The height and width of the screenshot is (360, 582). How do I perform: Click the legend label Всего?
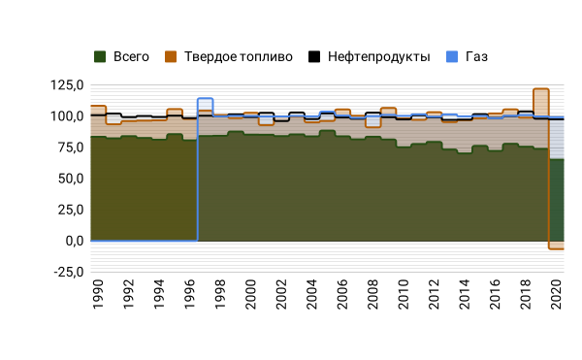[131, 57]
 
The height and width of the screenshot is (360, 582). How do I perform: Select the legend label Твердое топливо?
[239, 57]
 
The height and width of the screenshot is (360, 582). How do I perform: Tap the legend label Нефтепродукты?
[379, 57]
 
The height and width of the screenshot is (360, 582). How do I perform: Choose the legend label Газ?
[476, 57]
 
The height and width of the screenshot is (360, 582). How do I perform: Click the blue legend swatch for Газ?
[452, 57]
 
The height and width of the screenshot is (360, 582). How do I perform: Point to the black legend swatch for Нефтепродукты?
[314, 57]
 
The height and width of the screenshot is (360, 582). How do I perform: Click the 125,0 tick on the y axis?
[67, 85]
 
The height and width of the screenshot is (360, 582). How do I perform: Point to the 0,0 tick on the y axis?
[75, 242]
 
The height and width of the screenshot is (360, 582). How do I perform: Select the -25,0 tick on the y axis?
[69, 273]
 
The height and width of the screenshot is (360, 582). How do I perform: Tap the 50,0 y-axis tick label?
[71, 179]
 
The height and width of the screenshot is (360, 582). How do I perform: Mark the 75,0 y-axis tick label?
[71, 147]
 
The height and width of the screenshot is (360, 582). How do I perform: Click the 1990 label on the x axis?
[98, 294]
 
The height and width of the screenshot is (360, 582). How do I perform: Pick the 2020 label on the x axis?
[557, 294]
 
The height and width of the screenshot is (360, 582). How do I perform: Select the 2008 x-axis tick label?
[373, 294]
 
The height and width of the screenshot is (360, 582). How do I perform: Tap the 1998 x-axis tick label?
[220, 294]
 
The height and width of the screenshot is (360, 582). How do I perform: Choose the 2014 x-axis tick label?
[465, 294]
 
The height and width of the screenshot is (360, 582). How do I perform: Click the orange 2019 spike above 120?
[541, 89]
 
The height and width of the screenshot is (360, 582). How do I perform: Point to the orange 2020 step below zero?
[557, 248]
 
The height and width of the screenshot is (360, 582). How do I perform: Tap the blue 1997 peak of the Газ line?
[206, 98]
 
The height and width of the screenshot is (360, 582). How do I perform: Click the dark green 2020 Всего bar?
[557, 200]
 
